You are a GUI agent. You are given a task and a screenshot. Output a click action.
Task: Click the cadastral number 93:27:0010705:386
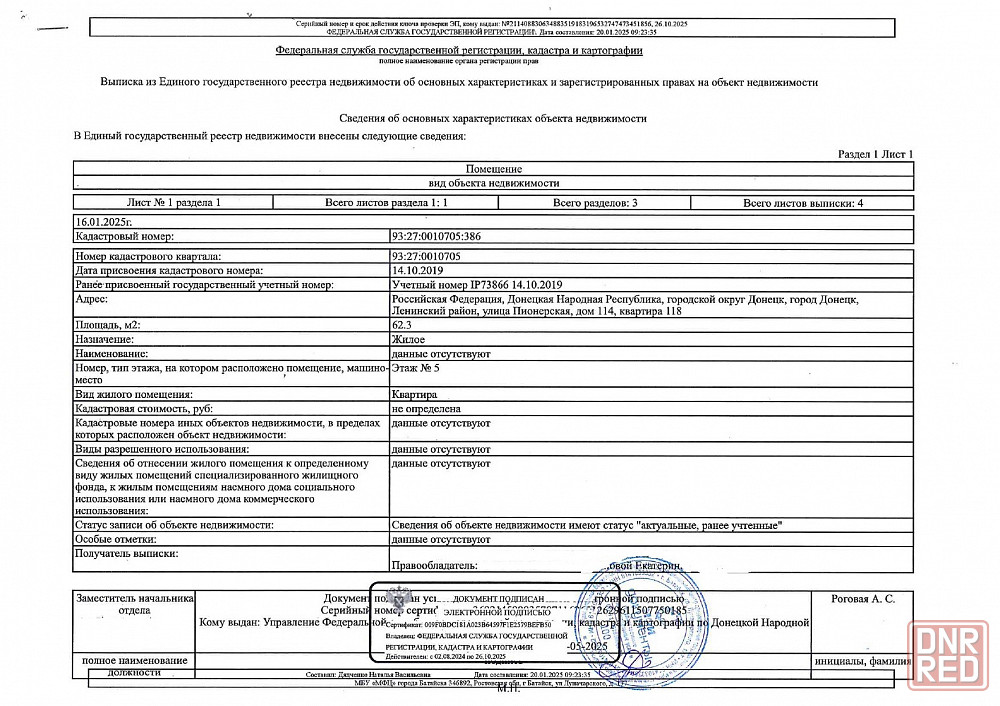[x=436, y=237]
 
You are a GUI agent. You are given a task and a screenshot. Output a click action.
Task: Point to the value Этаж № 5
[x=414, y=368]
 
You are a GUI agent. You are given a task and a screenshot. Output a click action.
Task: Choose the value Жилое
[x=408, y=340]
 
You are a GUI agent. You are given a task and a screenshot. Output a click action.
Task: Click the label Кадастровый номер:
[x=125, y=237]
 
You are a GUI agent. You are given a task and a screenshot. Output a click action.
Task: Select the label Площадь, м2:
[x=110, y=326]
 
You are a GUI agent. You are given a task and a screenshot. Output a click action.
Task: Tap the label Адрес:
[x=93, y=299]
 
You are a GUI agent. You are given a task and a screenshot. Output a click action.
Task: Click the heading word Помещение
[x=494, y=169]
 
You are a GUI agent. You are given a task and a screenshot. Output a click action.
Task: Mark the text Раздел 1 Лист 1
[x=875, y=154]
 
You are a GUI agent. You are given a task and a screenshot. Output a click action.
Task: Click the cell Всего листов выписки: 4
[x=803, y=202]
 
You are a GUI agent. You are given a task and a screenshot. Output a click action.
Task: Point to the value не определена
[x=426, y=409]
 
